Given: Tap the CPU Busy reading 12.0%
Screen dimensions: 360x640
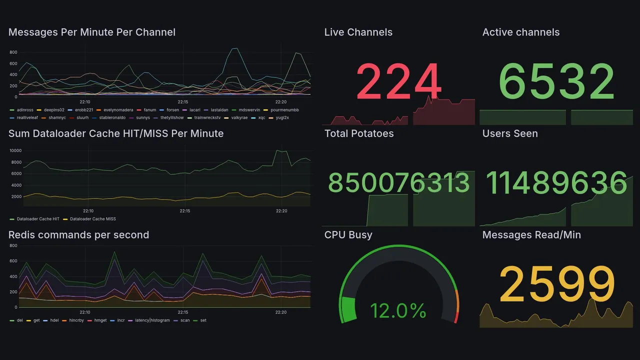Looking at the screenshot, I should point(398,311).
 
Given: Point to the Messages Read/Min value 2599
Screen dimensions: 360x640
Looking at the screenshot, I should point(556,284).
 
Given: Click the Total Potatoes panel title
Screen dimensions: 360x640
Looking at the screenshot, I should point(358,133).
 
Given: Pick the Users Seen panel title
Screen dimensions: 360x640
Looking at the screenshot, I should point(509,133).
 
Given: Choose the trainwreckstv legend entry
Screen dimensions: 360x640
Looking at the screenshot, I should point(207,117).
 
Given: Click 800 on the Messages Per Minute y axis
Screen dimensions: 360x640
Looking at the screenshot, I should point(13,52).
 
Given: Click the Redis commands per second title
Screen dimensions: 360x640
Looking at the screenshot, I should point(78,235).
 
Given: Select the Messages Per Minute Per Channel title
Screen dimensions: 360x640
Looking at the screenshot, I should point(92,32).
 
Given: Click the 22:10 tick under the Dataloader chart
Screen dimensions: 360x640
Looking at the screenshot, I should point(88,211).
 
